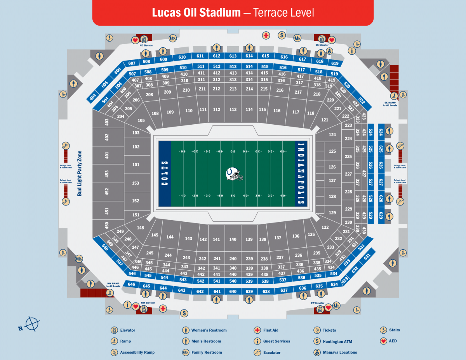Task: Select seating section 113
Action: tap(233, 110)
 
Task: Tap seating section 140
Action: tap(233, 239)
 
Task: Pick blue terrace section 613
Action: tap(233, 56)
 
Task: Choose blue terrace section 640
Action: tap(233, 292)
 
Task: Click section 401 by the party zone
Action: tap(107, 155)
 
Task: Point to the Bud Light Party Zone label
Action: tap(80, 173)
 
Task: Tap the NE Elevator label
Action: tap(146, 45)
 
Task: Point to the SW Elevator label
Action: tap(317, 303)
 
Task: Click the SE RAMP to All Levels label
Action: tap(390, 104)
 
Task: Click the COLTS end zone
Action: tap(165, 174)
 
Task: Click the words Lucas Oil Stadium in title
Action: tap(196, 12)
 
